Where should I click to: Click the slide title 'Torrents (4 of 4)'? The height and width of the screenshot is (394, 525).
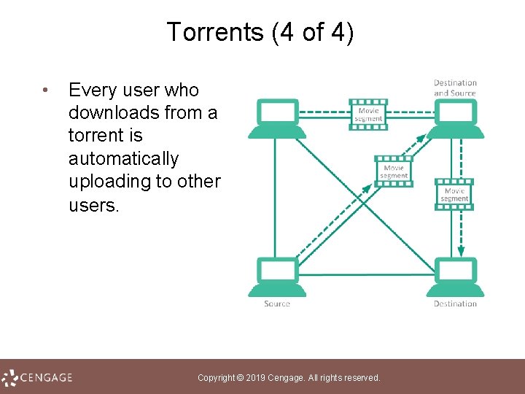coord(260,32)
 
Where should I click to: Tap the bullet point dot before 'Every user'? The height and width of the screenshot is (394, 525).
coord(45,91)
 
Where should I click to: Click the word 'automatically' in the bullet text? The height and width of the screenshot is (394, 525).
coord(123,158)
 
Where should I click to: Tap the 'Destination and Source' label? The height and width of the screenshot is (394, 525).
coord(455,88)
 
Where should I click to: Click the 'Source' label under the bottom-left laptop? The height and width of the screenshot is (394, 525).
coord(277,304)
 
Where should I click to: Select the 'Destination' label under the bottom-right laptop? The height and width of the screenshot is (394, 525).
coord(455,304)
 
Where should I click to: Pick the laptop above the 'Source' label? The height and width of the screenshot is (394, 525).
coord(277,277)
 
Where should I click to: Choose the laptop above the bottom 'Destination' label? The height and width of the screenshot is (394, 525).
coord(455,277)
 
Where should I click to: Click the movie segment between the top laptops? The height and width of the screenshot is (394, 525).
coord(368,115)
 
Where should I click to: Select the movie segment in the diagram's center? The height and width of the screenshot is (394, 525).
coord(394,171)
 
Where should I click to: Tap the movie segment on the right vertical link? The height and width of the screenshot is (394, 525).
coord(454,195)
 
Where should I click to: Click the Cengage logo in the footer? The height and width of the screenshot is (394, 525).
coord(37,377)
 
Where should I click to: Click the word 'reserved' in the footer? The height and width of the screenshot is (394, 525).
coord(362,378)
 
